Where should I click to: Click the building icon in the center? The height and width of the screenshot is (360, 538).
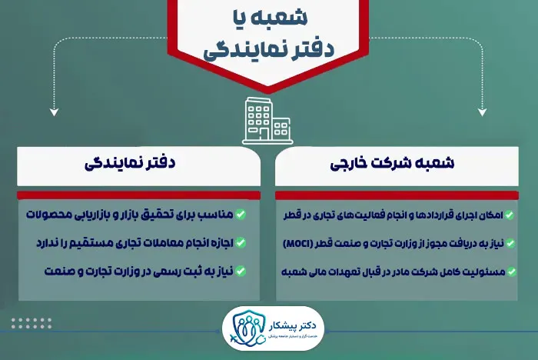click(x=268, y=121)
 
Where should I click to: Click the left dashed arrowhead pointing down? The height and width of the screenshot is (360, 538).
click(x=53, y=112)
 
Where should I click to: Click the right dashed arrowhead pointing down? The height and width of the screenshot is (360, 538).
click(x=483, y=112)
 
